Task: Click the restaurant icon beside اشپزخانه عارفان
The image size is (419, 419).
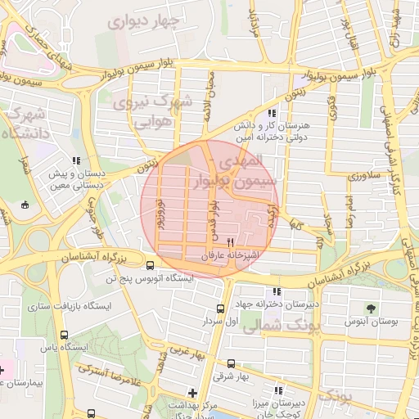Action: (x=231, y=243)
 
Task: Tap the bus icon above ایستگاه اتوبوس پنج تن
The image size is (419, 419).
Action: (x=150, y=265)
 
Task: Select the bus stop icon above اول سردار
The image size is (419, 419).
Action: (x=220, y=309)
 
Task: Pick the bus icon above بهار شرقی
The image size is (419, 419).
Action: (x=231, y=363)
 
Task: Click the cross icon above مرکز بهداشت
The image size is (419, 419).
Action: (x=192, y=392)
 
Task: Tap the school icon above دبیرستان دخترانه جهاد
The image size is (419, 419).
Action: (x=277, y=291)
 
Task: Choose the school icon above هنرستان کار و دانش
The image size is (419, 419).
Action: (x=273, y=114)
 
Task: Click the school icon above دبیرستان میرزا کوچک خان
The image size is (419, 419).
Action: (x=278, y=391)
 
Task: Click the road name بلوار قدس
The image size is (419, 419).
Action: (x=211, y=212)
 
